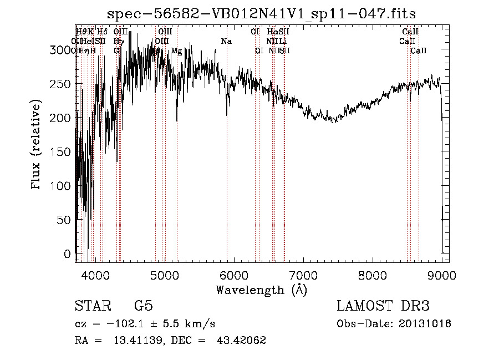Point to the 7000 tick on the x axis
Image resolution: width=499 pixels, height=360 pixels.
(303, 275)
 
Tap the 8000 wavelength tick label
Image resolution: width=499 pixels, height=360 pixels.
(372, 275)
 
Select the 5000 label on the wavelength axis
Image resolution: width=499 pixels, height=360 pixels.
(164, 275)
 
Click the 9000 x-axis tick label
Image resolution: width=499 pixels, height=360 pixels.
(442, 275)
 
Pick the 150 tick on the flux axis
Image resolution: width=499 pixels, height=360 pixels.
(64, 152)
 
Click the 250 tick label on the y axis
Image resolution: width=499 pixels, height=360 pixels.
(64, 84)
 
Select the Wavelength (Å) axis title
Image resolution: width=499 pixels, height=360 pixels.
(261, 290)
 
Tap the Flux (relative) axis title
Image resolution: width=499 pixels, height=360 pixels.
(37, 145)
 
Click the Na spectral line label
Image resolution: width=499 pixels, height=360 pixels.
(226, 42)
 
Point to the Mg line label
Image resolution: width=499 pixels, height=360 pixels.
(176, 51)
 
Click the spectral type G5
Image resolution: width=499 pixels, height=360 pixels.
(144, 306)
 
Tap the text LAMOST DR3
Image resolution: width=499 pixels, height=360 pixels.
(383, 306)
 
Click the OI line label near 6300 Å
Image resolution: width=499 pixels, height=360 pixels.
(258, 51)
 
